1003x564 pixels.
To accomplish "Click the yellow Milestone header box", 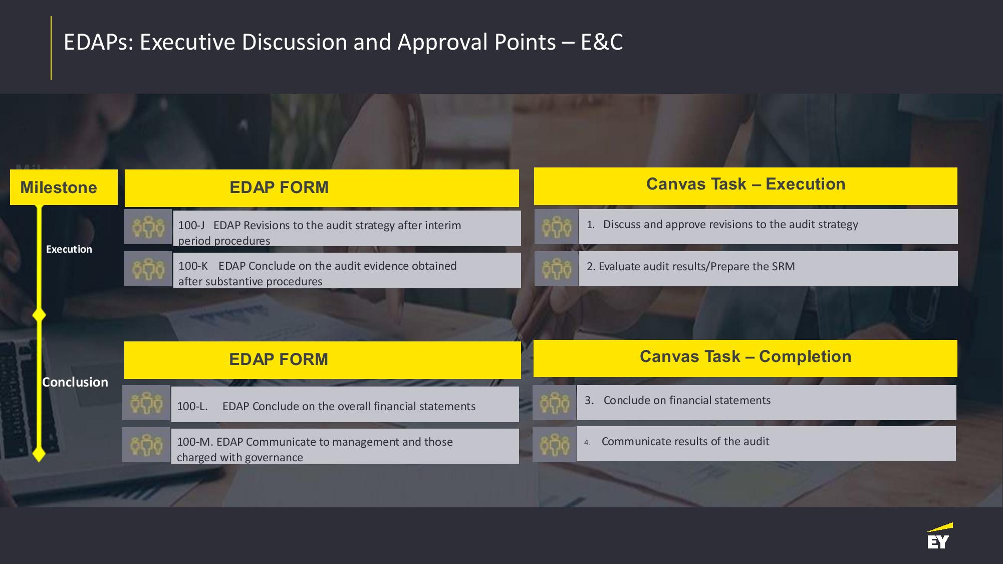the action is pyautogui.click(x=64, y=187).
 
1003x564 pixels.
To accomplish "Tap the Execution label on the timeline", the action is pyautogui.click(x=69, y=249).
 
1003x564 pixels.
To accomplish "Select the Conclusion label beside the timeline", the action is pyautogui.click(x=75, y=382).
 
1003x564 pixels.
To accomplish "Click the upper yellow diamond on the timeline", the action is pyautogui.click(x=39, y=315).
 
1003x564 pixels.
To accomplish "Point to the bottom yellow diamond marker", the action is pyautogui.click(x=39, y=454).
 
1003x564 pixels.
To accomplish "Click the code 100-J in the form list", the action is pyautogui.click(x=191, y=225).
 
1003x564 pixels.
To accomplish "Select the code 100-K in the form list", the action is pyautogui.click(x=193, y=266).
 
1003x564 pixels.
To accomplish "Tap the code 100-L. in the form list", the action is pyautogui.click(x=192, y=406).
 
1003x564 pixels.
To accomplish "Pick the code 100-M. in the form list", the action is pyautogui.click(x=195, y=442).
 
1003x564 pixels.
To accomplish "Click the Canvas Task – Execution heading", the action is pyautogui.click(x=745, y=184).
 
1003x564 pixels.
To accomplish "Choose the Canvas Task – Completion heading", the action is pyautogui.click(x=745, y=356).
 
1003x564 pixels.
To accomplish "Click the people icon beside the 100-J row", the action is pyautogui.click(x=148, y=227).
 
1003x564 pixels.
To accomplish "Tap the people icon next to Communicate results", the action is pyautogui.click(x=555, y=444).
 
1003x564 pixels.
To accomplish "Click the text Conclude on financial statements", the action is pyautogui.click(x=687, y=400).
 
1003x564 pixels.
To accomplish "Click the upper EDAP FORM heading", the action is pyautogui.click(x=279, y=187).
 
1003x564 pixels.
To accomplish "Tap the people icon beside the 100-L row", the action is pyautogui.click(x=146, y=403).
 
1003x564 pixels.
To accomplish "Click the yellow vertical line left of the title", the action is pyautogui.click(x=51, y=48).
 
